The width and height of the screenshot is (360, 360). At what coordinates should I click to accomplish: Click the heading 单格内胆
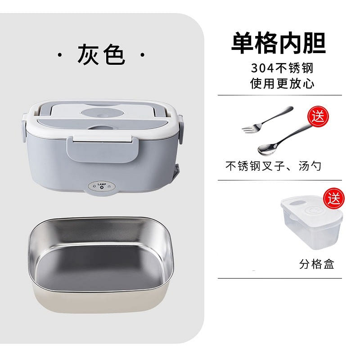[279, 43]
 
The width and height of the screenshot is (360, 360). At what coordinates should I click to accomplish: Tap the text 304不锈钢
[282, 68]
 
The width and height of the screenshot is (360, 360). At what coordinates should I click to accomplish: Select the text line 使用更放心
[282, 83]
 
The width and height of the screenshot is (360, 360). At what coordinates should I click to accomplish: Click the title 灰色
[101, 54]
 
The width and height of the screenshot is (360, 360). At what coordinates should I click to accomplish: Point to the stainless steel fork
[267, 119]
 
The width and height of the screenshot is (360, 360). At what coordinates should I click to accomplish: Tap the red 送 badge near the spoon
[318, 117]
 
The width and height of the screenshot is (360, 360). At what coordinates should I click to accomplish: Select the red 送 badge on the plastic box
[334, 198]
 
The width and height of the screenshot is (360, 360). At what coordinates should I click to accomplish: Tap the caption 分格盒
[317, 264]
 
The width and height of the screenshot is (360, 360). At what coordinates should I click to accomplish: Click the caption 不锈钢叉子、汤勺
[273, 166]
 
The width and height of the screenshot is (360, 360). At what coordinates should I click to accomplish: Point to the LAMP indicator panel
[102, 186]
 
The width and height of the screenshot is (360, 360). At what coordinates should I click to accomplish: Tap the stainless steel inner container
[101, 265]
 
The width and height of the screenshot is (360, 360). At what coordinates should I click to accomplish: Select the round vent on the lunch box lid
[103, 113]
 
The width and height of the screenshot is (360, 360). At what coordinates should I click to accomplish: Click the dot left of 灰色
[60, 55]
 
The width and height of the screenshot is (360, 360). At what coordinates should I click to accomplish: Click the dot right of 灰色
[142, 55]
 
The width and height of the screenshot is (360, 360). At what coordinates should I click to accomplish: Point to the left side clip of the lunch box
[24, 128]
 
